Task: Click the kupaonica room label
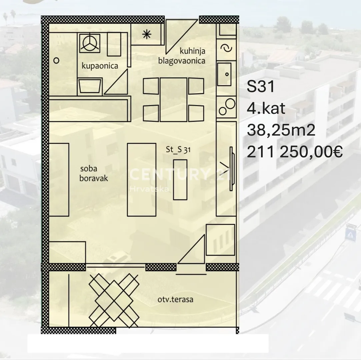click(100, 66)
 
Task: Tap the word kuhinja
click(192, 51)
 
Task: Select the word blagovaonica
click(182, 61)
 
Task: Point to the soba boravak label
click(93, 174)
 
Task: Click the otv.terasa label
click(175, 299)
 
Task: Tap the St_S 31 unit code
click(178, 150)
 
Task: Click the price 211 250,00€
click(295, 152)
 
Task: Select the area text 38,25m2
click(281, 130)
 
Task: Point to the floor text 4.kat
click(266, 108)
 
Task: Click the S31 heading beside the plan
click(261, 87)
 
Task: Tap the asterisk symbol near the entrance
click(147, 35)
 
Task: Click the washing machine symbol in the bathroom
click(90, 43)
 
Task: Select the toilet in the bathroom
click(90, 87)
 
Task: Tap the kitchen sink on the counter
click(224, 74)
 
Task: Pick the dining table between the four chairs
click(173, 100)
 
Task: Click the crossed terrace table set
click(114, 300)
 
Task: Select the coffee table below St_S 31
click(180, 180)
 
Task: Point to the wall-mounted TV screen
click(232, 169)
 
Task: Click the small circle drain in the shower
click(56, 61)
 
